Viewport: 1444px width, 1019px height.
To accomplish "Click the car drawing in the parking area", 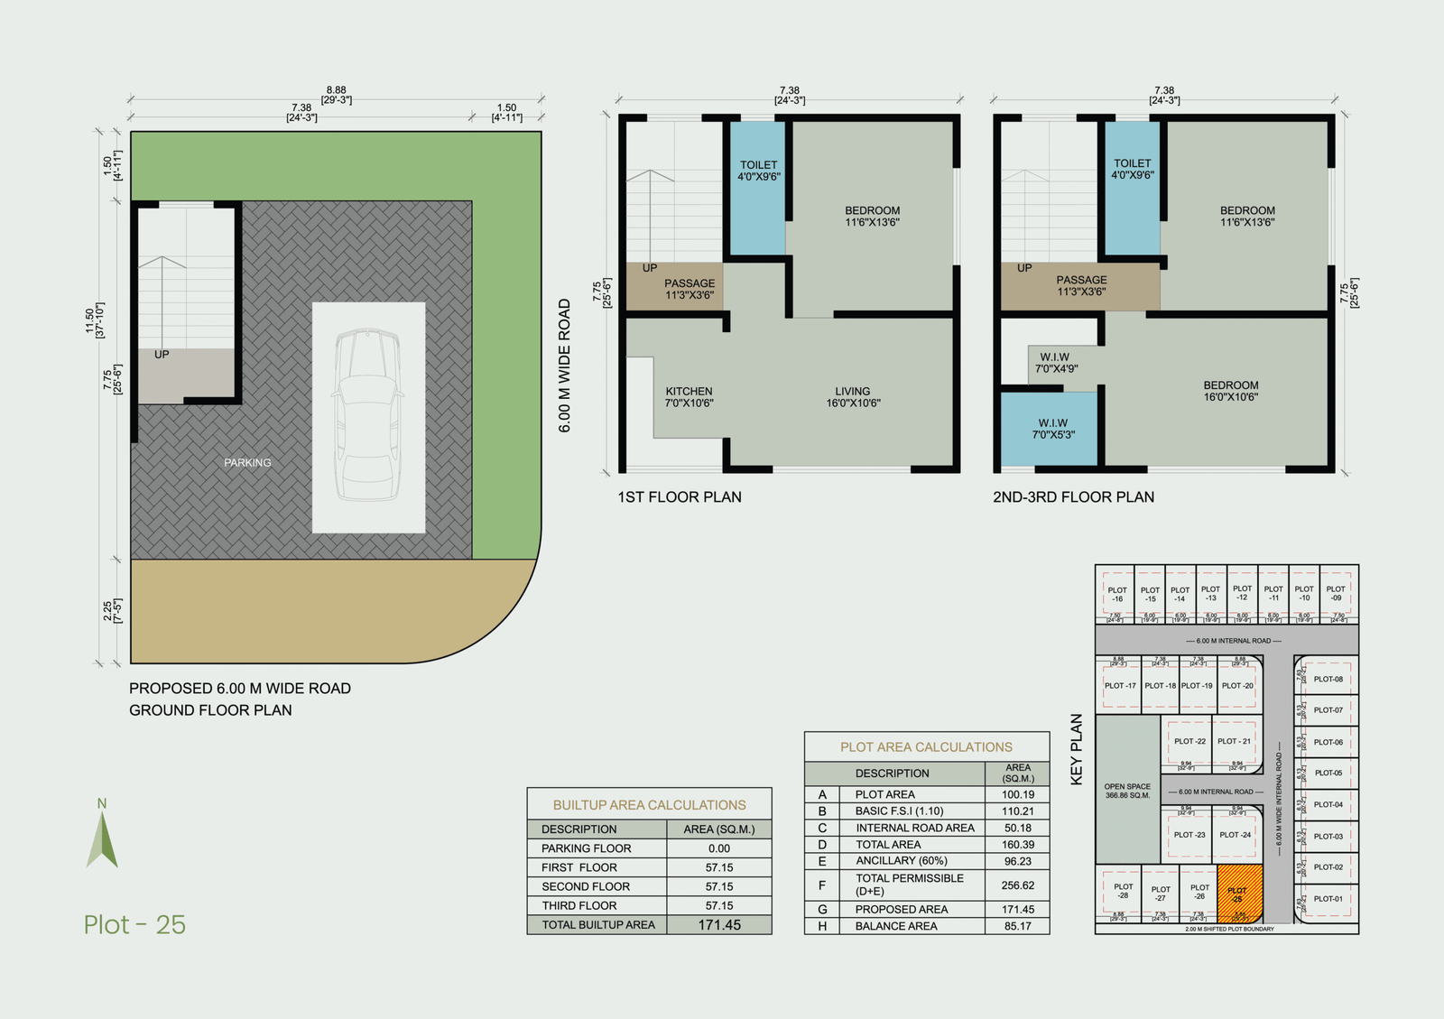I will click(x=368, y=415).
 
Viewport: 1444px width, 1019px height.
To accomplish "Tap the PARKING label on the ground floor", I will click(x=247, y=463).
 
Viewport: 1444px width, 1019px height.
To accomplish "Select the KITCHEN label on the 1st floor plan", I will click(x=689, y=397).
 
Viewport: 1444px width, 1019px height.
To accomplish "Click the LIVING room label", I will click(x=853, y=397).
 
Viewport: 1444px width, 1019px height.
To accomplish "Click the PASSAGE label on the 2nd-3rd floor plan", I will click(x=1081, y=285).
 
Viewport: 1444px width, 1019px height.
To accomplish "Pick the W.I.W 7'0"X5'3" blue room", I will click(x=1052, y=429).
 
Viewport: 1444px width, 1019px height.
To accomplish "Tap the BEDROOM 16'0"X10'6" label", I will click(x=1230, y=391).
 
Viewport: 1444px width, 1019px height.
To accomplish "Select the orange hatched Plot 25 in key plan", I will click(x=1238, y=894).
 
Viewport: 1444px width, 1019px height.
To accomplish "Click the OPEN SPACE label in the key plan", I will click(x=1127, y=791).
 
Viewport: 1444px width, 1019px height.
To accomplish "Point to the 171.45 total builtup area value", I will click(x=719, y=925).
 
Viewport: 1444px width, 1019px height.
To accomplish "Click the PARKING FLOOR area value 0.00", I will click(x=719, y=848).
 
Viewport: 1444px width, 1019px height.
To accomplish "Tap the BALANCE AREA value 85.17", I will click(x=1017, y=926).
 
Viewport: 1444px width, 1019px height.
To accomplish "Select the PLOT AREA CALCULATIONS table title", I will click(x=926, y=747).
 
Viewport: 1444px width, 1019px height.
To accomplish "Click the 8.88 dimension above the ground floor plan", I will click(x=336, y=90).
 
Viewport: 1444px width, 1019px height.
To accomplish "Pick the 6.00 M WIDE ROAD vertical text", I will click(x=565, y=366).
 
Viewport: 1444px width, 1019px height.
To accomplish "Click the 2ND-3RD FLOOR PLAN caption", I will click(x=1073, y=497).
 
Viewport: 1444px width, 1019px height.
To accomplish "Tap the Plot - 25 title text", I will click(x=134, y=925).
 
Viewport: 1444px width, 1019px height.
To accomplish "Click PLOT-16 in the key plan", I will click(x=1117, y=594).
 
